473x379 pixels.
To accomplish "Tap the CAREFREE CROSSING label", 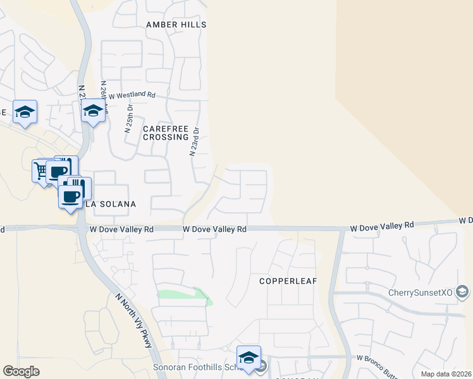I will click(x=166, y=133).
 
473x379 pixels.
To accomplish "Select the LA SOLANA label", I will click(x=110, y=205).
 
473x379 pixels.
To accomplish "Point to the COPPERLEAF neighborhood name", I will click(x=288, y=280).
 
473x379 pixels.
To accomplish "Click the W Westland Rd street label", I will click(x=132, y=95).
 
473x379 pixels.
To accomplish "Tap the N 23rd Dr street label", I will click(x=195, y=142).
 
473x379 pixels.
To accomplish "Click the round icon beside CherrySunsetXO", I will click(x=463, y=292).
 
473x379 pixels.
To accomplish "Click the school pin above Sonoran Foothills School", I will click(x=249, y=356).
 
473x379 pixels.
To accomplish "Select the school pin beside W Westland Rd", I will click(x=93, y=111).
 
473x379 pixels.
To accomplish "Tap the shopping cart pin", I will click(x=42, y=171).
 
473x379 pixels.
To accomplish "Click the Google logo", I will click(x=21, y=371).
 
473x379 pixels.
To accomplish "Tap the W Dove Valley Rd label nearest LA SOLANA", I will click(x=122, y=231).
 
